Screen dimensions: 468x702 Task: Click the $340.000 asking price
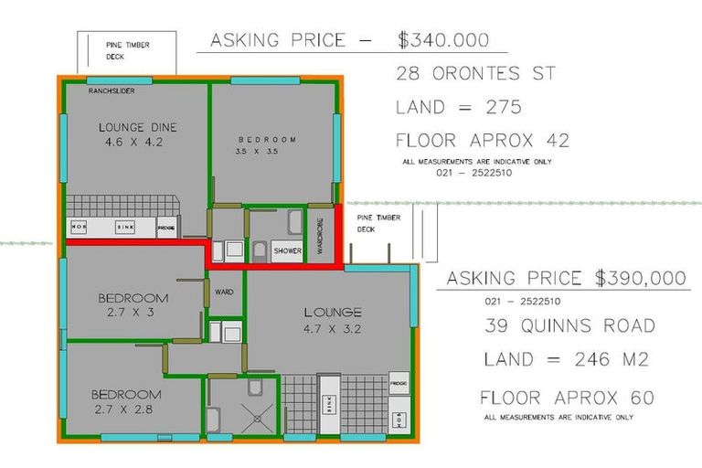tap(443, 40)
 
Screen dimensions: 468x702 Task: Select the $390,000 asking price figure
tap(638, 278)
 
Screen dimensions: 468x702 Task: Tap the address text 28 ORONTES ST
tap(475, 73)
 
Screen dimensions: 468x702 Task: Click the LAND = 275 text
tap(458, 107)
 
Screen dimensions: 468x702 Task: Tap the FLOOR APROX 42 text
tap(482, 141)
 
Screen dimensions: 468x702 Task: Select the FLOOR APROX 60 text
tap(567, 399)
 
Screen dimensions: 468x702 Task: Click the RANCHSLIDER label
tap(112, 91)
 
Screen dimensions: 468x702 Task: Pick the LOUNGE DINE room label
tap(138, 127)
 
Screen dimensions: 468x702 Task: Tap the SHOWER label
tap(287, 250)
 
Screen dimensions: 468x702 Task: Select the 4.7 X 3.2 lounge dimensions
tap(333, 329)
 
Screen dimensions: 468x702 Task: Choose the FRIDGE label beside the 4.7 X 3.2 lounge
tap(399, 382)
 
